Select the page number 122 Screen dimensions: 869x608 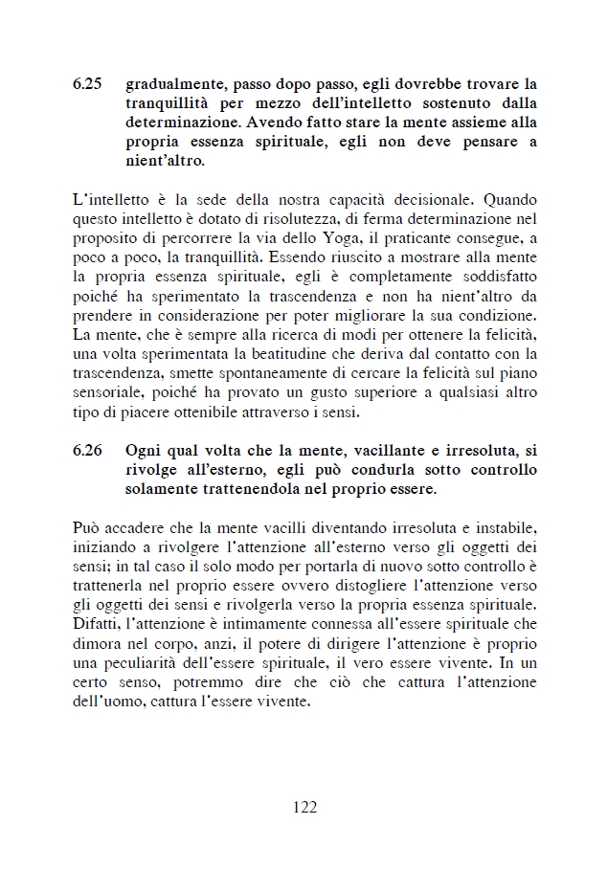click(304, 806)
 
